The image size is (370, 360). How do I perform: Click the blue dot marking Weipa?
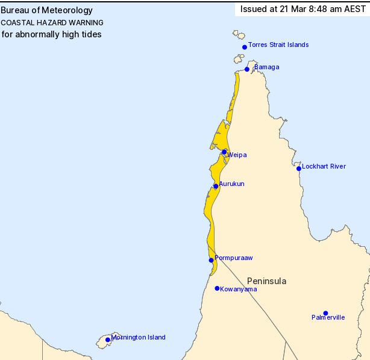(x=224, y=152)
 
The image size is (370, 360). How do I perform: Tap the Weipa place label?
(x=237, y=155)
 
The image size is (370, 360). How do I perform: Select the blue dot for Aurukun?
(x=216, y=186)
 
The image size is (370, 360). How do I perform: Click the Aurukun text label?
(x=231, y=184)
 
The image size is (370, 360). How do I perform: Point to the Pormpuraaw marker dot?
(x=211, y=260)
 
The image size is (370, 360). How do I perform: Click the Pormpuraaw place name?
(x=234, y=258)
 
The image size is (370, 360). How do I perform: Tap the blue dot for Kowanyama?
(x=217, y=288)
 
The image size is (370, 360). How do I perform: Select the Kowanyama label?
(x=239, y=289)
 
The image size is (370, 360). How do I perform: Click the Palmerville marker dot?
(x=325, y=313)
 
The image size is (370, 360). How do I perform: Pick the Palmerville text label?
(x=328, y=317)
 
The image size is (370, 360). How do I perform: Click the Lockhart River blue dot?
(x=298, y=169)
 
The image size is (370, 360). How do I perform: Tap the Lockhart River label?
(x=324, y=166)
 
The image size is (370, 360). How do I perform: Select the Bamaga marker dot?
(x=247, y=69)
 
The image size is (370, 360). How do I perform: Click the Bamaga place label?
(x=267, y=67)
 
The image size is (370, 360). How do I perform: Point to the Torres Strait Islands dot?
(x=245, y=47)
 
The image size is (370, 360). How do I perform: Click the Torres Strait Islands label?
(x=278, y=45)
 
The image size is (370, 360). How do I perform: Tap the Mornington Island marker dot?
(x=108, y=340)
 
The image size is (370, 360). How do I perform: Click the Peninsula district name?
(x=267, y=281)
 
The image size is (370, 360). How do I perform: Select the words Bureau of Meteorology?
(x=47, y=10)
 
